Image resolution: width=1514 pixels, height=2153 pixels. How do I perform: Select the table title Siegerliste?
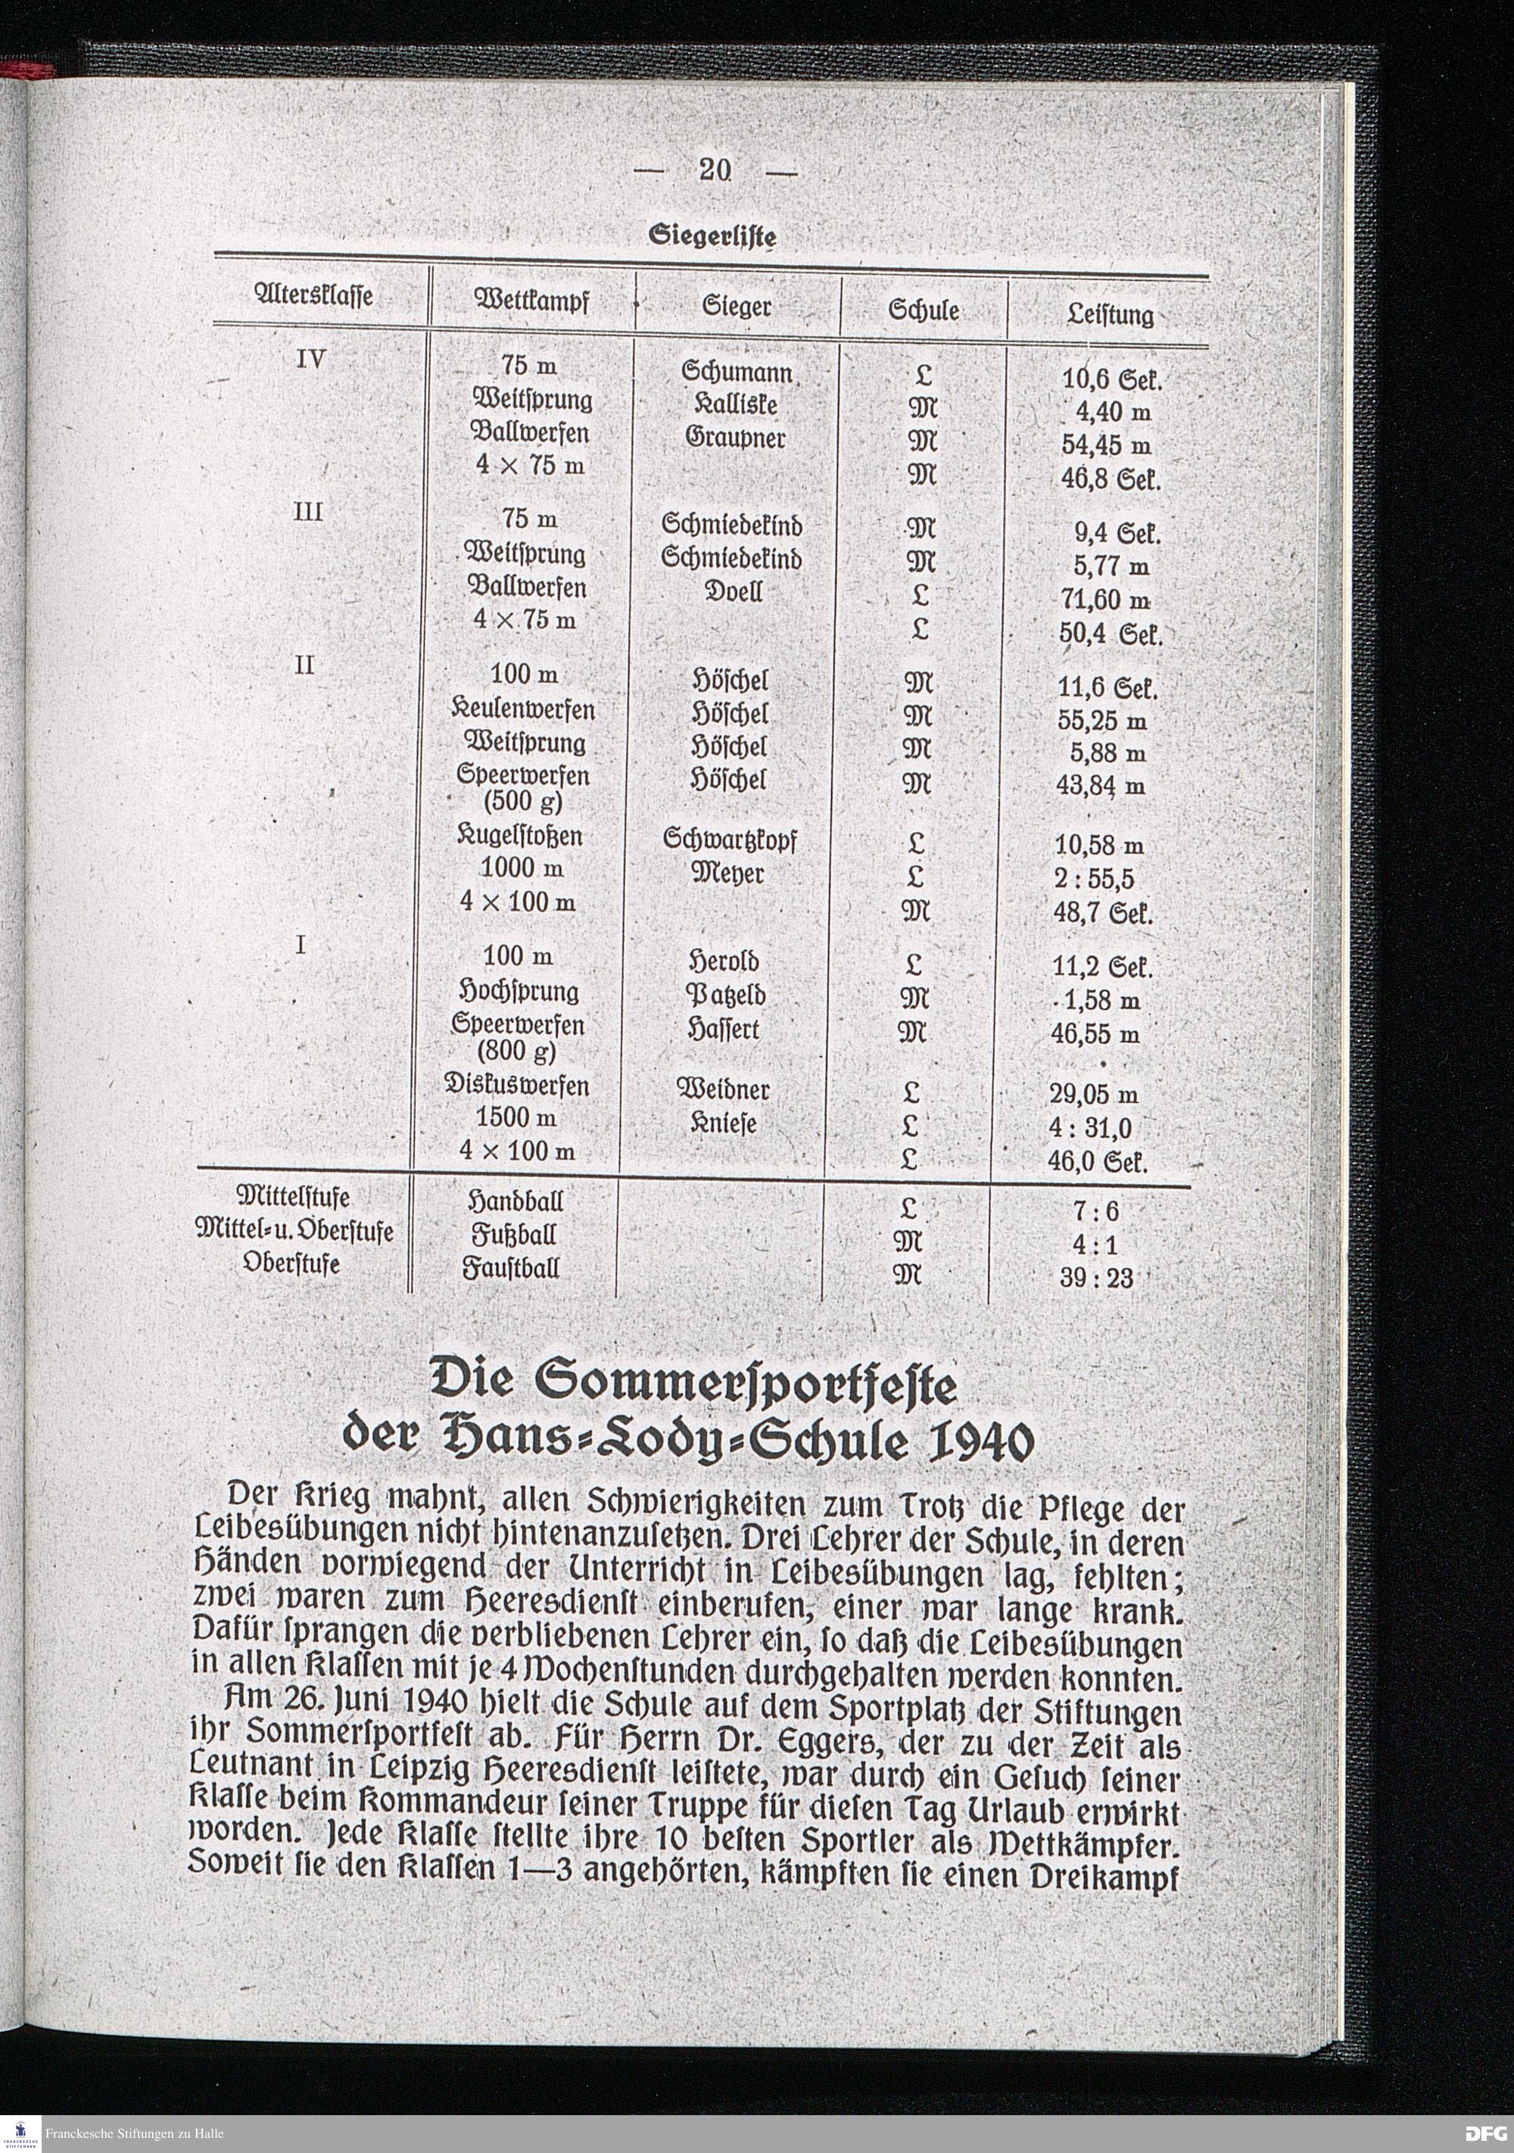click(x=713, y=236)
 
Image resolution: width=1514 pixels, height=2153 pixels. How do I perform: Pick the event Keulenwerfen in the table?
click(x=523, y=710)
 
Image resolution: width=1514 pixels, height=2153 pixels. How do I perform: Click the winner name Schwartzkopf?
click(x=729, y=840)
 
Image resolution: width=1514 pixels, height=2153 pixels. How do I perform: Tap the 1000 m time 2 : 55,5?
click(x=1094, y=879)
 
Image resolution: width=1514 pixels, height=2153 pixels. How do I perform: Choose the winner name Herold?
click(x=724, y=962)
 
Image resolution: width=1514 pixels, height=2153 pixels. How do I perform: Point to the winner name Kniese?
click(x=723, y=1123)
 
